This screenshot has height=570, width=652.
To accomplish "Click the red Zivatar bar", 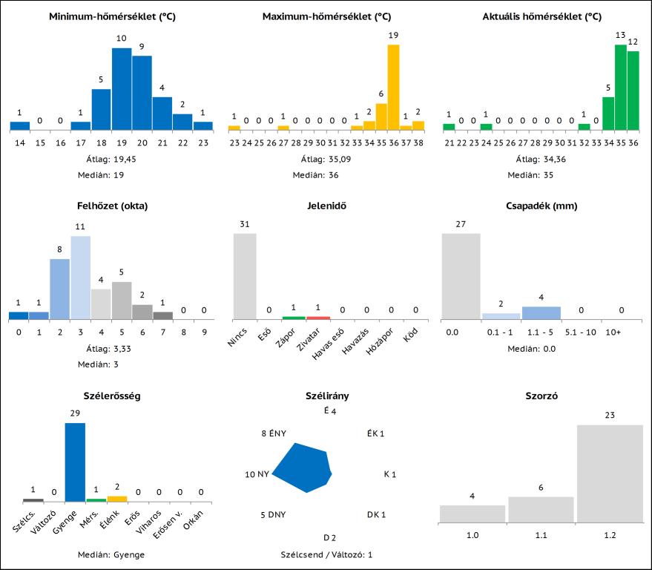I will coord(318,318).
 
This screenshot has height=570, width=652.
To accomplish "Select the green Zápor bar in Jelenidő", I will coord(294,318).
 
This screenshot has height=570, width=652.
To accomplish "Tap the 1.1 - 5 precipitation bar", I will coord(541,312).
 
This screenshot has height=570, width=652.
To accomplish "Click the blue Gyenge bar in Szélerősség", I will coord(75,462).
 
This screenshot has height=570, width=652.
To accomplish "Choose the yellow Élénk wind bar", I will coord(117,499).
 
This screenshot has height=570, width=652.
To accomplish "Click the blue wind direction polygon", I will coord(304,468).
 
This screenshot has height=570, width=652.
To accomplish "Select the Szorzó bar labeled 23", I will coord(610,474).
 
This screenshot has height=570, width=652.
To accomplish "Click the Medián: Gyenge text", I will coord(111,554).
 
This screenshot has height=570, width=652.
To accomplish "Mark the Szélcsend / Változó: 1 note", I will coord(326,554).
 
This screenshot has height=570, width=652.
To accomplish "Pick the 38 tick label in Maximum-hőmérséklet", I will coord(418,142).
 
